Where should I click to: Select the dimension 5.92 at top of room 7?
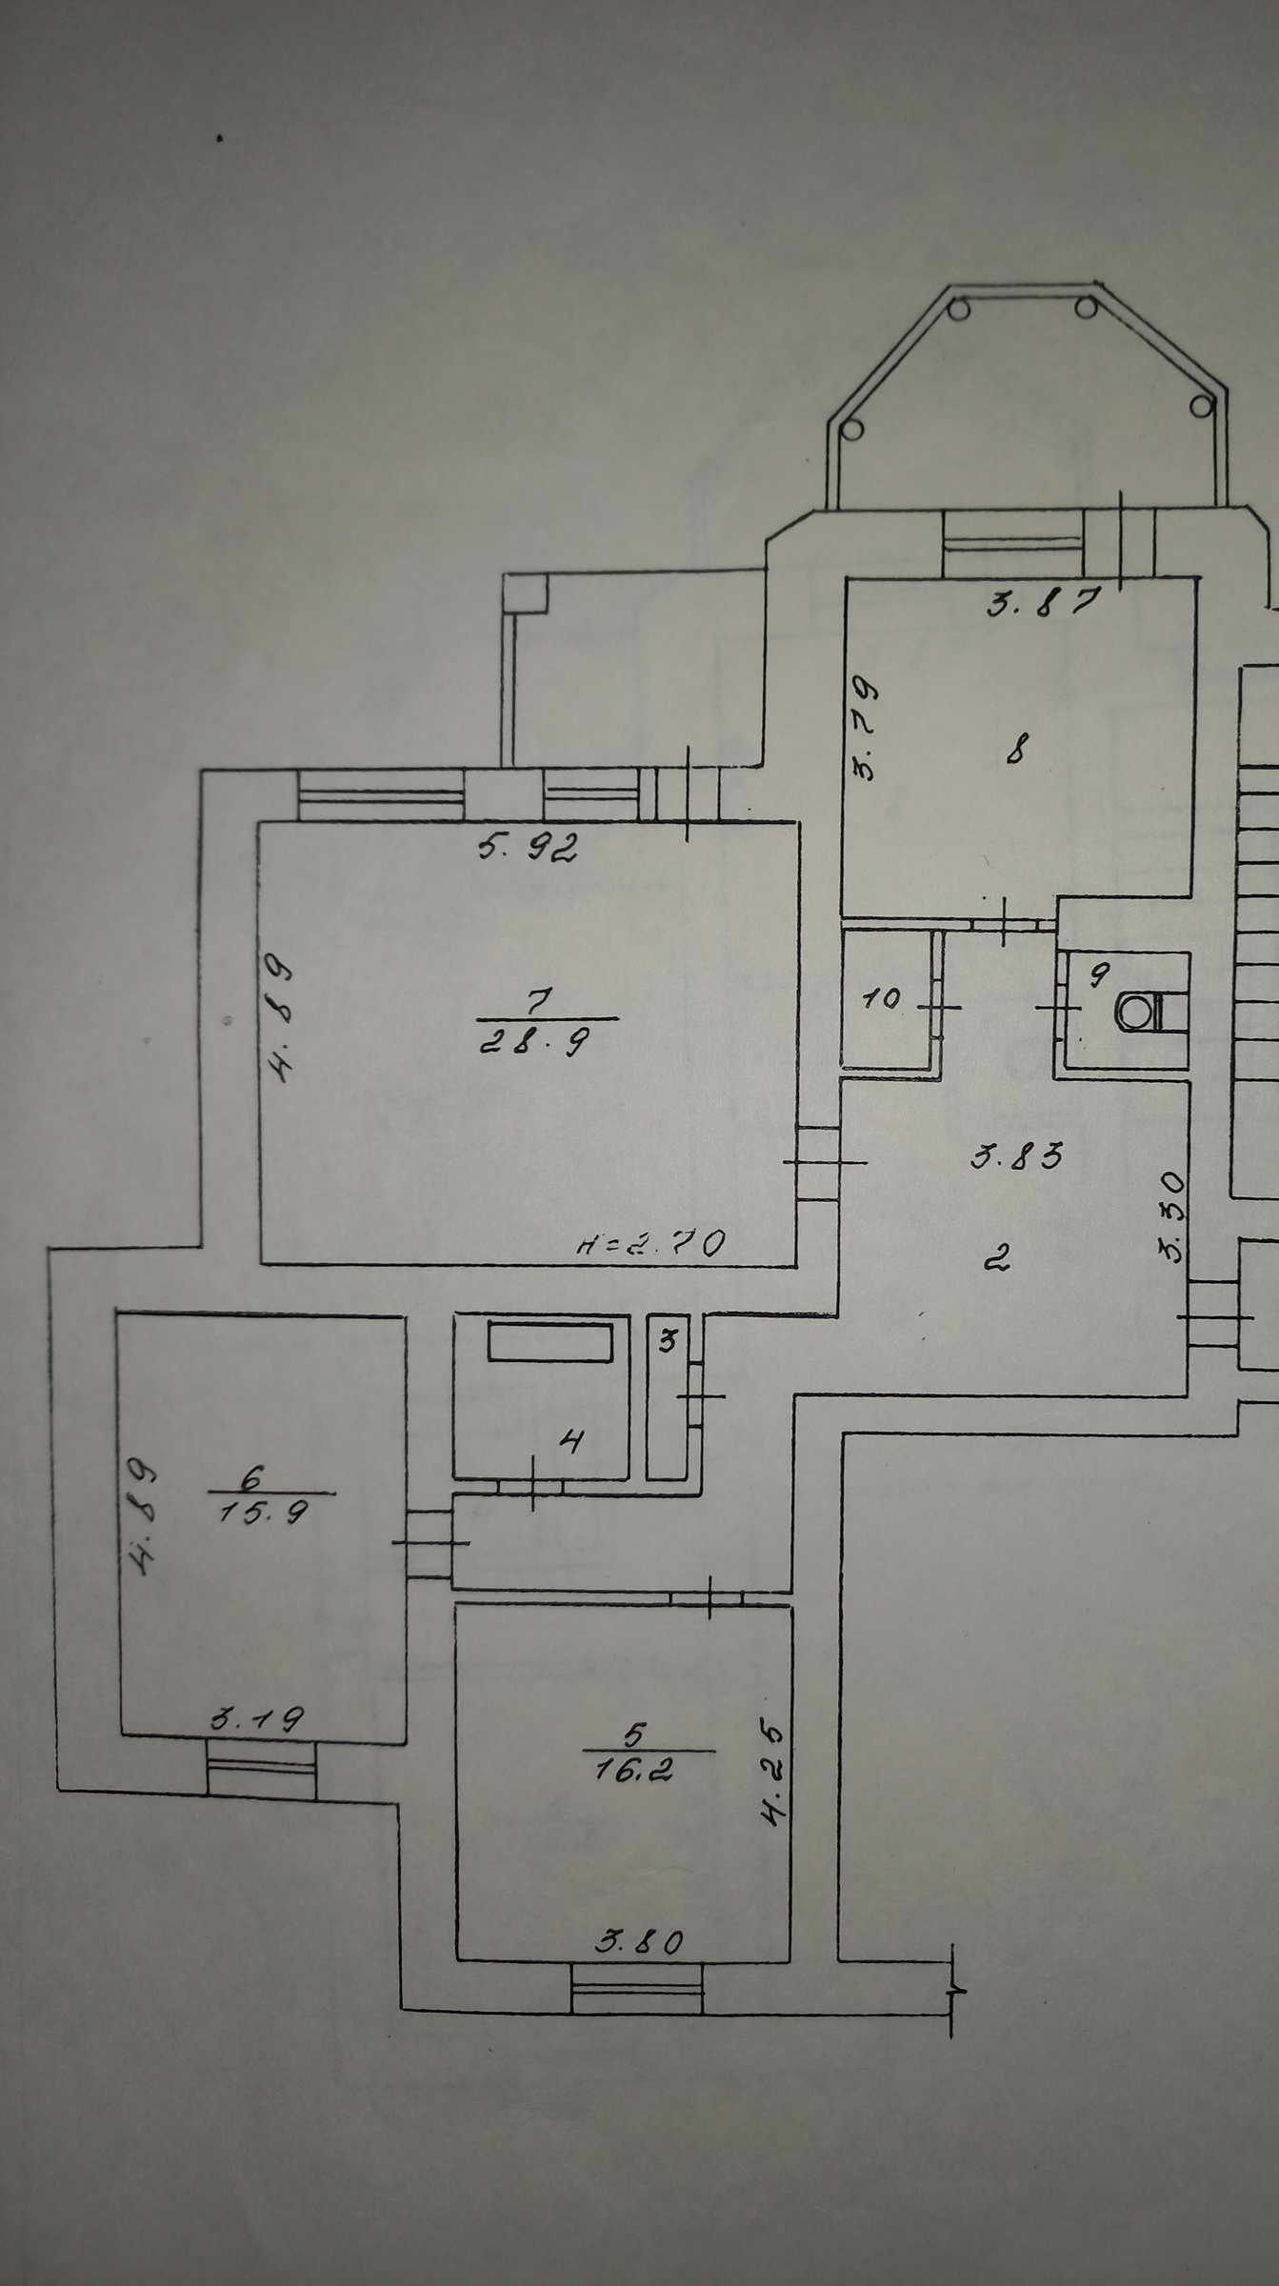(529, 847)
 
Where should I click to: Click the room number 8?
(1015, 752)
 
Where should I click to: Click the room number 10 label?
(882, 1000)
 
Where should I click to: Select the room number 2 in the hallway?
(996, 1259)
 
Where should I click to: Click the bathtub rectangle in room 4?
(550, 1342)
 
